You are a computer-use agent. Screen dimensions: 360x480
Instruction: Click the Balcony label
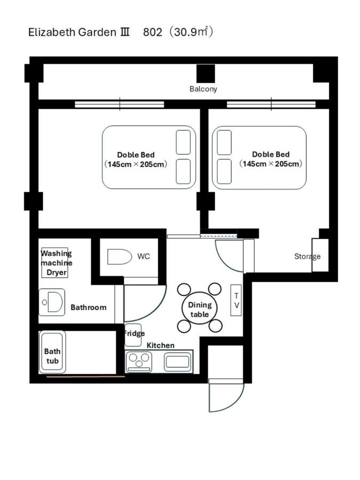coord(203,89)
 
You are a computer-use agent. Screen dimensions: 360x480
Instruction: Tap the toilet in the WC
coord(119,257)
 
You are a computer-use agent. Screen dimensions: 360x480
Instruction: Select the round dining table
coord(199,308)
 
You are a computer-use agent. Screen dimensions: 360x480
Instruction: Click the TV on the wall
coord(236,300)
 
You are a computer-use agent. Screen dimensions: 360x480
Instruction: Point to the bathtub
coord(52,352)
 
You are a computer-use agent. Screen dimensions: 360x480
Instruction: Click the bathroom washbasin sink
coord(52,302)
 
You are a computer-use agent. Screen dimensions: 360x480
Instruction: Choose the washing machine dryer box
coord(55,262)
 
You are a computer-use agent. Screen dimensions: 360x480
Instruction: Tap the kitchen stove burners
coord(139,361)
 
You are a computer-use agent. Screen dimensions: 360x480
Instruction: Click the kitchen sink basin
coord(178,362)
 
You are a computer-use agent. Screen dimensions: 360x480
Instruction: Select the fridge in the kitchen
coord(133,335)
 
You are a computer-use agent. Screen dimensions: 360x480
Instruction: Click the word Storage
coord(307,257)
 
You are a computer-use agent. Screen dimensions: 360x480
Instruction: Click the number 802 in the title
coord(153,32)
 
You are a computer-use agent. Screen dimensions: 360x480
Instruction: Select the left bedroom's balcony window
coord(119,105)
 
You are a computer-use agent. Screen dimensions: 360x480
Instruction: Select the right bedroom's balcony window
coord(271,105)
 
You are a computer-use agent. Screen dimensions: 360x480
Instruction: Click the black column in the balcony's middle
coord(206,74)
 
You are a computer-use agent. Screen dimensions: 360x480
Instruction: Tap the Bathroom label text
coord(89,307)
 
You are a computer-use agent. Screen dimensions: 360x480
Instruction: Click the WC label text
coord(143,256)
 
